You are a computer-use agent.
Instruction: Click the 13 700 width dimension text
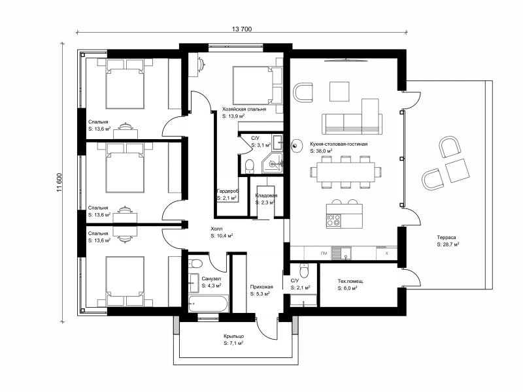pos(242,29)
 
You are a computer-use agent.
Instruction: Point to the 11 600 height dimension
pos(59,183)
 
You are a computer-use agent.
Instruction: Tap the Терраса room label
pos(447,237)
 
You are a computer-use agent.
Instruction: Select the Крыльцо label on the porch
pos(234,336)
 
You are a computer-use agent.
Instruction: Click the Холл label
pos(216,229)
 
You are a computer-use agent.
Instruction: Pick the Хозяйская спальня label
pos(244,109)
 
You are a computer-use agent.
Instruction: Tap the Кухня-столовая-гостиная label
pos(339,144)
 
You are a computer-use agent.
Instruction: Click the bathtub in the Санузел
pos(208,304)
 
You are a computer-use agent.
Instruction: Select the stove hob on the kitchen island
pos(334,220)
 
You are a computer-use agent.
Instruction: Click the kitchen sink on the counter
pos(341,253)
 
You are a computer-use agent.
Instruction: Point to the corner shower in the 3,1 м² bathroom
pos(272,163)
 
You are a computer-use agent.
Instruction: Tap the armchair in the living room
pos(303,92)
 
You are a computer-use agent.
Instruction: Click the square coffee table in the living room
pos(339,91)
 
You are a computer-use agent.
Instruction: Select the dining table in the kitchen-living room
pos(346,172)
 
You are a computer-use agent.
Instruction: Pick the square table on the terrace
pos(457,171)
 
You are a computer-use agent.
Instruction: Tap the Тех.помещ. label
pos(351,281)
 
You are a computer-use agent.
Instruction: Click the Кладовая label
pos(266,195)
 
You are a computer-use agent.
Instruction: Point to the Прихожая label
pos(261,287)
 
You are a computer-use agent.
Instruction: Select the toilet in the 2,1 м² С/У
pos(304,270)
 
